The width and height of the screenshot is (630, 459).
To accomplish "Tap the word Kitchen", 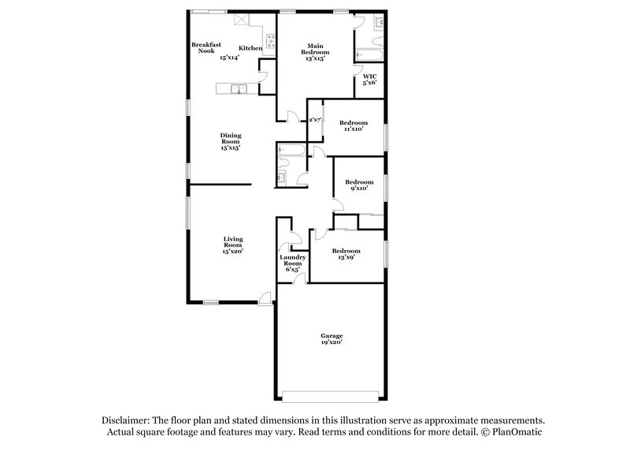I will click(250, 49).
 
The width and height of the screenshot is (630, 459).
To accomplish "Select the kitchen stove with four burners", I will click(270, 38).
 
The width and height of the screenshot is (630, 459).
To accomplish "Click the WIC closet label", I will click(369, 76).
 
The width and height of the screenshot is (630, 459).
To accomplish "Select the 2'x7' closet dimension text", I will click(315, 120).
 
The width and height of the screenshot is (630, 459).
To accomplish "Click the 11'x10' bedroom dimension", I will click(354, 130).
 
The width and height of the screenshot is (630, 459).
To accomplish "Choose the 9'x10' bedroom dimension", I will click(358, 188).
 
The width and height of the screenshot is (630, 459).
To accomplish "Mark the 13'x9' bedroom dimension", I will click(346, 257).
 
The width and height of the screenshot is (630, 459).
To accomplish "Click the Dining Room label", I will click(230, 141).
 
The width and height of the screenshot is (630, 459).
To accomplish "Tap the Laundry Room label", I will click(292, 263).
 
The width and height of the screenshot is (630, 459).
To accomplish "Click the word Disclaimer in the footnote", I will click(128, 420).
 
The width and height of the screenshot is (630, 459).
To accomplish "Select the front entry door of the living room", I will click(265, 299).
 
